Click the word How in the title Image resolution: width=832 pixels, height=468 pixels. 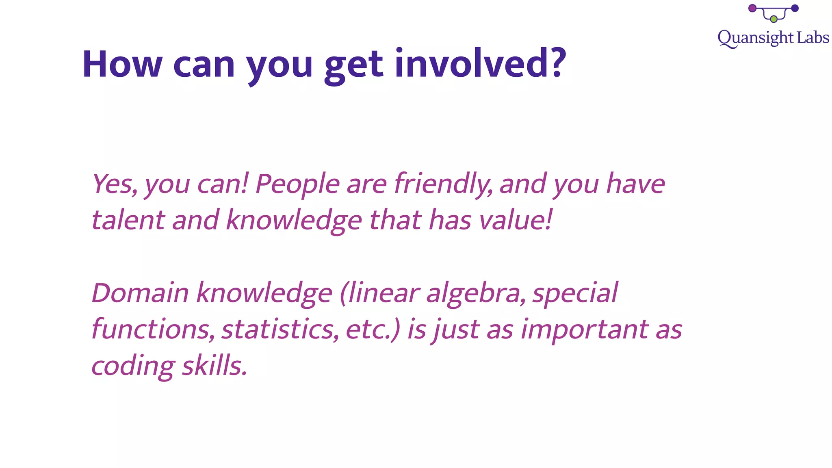click(x=122, y=64)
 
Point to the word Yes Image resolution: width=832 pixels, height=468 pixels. click(x=114, y=184)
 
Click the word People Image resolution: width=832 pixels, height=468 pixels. click(x=297, y=184)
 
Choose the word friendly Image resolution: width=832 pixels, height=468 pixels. click(x=443, y=184)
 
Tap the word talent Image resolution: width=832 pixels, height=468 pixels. click(x=128, y=220)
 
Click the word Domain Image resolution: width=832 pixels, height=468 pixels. click(x=140, y=293)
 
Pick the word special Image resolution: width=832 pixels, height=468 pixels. click(x=575, y=294)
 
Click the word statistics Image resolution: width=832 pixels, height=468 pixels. click(x=280, y=329)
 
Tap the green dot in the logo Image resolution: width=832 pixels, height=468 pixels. click(x=773, y=19)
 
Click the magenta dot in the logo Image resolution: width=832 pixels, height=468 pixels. click(x=752, y=8)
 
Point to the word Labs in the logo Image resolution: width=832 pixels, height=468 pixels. click(x=812, y=38)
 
